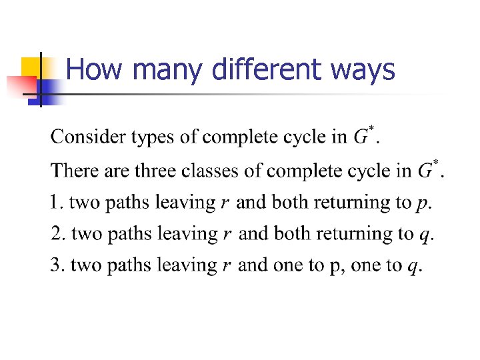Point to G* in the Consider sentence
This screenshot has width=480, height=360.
tap(363, 136)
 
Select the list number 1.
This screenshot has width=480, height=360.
tap(55, 201)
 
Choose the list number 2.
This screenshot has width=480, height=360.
tap(57, 233)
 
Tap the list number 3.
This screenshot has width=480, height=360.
tap(56, 265)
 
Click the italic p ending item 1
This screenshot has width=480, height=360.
tap(421, 203)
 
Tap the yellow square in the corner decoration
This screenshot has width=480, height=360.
tap(31, 67)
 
